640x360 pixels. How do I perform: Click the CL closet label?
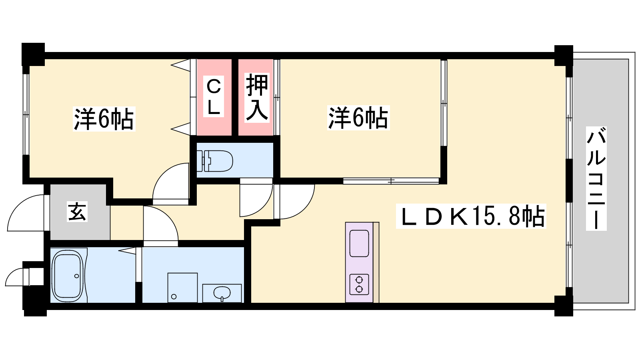click(214, 97)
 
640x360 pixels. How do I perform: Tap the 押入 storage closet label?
click(256, 97)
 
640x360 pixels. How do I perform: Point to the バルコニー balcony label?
click(596, 179)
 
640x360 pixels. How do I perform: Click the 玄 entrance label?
click(77, 212)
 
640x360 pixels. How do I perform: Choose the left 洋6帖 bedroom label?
click(104, 119)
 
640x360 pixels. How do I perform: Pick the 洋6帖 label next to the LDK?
click(358, 118)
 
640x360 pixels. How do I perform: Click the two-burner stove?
click(359, 284)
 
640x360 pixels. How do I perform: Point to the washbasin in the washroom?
click(222, 293)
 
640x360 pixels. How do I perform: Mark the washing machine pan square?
click(182, 288)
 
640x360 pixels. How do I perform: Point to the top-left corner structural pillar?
click(33, 54)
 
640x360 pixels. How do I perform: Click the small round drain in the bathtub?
click(76, 276)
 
